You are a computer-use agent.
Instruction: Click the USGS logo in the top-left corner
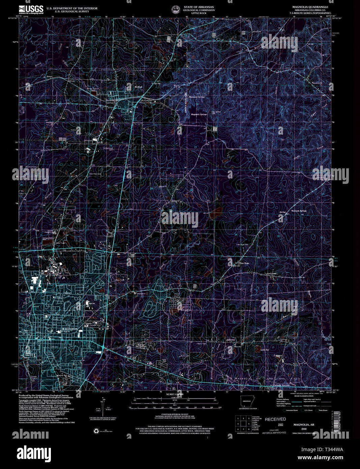[31, 9]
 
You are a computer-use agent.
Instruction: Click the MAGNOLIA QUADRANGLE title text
[310, 7]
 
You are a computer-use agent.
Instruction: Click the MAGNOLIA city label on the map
[70, 329]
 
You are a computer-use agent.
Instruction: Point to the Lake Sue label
[264, 350]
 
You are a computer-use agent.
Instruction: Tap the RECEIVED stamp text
[275, 419]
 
